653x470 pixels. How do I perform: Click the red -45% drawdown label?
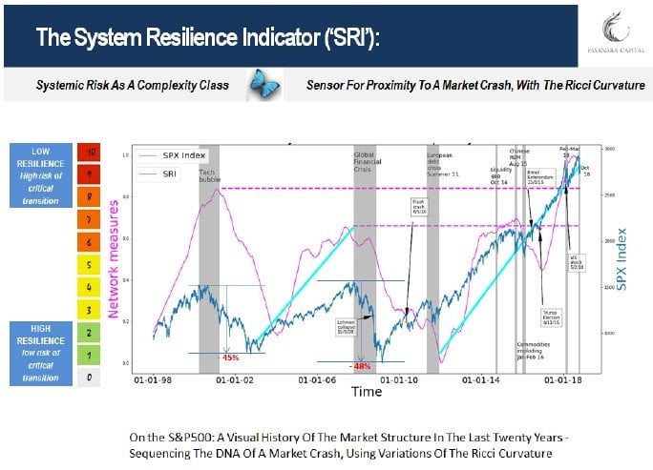229,358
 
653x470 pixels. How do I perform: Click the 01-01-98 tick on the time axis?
153,378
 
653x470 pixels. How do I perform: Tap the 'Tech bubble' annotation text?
210,174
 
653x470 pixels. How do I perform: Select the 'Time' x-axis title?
366,392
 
